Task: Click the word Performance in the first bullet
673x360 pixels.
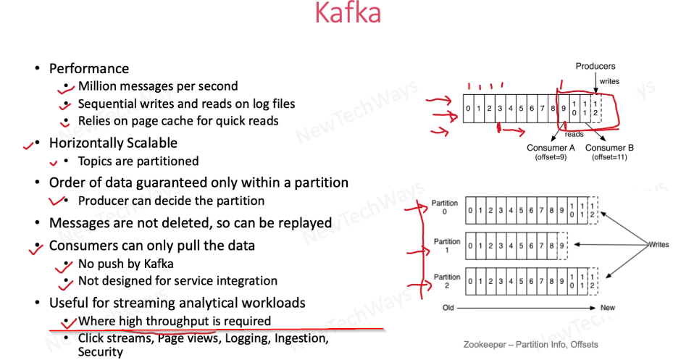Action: (88, 69)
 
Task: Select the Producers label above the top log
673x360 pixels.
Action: (595, 67)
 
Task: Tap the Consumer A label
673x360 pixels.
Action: (551, 148)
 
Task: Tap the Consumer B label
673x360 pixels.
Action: (609, 148)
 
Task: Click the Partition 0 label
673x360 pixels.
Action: (446, 207)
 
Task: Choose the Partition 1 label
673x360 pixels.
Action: (446, 246)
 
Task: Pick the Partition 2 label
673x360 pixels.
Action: (446, 281)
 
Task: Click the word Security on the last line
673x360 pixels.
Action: (100, 352)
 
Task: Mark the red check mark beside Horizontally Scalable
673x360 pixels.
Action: (29, 146)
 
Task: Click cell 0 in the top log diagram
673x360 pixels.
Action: (469, 109)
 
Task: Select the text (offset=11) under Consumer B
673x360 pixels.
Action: (609, 157)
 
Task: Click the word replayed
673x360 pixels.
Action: (306, 222)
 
